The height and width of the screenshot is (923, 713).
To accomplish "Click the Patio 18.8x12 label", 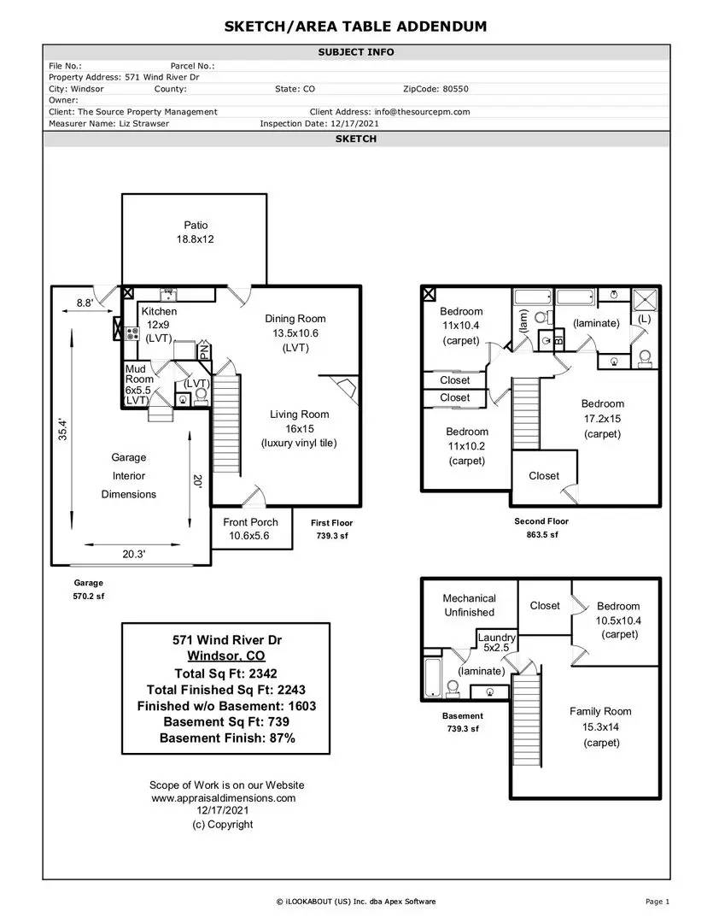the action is [x=196, y=232].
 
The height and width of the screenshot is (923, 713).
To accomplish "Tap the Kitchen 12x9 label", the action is [x=159, y=325].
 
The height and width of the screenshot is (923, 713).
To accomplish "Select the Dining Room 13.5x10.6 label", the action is [x=295, y=333].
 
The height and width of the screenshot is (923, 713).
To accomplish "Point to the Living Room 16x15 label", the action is [x=300, y=428].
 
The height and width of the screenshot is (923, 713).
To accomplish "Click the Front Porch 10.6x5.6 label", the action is [x=250, y=529].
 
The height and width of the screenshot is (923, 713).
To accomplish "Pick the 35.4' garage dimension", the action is [x=63, y=429].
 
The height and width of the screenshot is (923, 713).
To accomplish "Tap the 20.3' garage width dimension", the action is [x=133, y=554].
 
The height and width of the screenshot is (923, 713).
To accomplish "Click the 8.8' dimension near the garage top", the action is [x=85, y=303].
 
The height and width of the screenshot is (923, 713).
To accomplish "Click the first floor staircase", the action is [x=226, y=423].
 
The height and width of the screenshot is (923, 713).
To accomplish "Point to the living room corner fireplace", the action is [x=343, y=388].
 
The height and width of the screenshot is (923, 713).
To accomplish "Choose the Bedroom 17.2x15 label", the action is [x=602, y=419].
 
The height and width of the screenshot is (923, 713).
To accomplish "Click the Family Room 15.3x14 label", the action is [x=600, y=727].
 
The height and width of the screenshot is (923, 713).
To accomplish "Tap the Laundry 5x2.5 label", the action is [x=496, y=642].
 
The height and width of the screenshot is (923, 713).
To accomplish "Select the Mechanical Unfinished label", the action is [x=469, y=605].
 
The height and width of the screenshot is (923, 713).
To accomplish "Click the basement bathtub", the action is [x=432, y=677].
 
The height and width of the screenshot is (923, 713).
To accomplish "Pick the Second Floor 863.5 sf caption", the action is [x=541, y=528].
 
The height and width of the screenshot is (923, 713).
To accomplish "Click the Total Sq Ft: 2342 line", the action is [x=225, y=673].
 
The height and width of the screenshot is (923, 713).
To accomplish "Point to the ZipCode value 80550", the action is [x=455, y=89].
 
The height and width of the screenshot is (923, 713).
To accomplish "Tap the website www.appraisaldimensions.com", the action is [x=224, y=798].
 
